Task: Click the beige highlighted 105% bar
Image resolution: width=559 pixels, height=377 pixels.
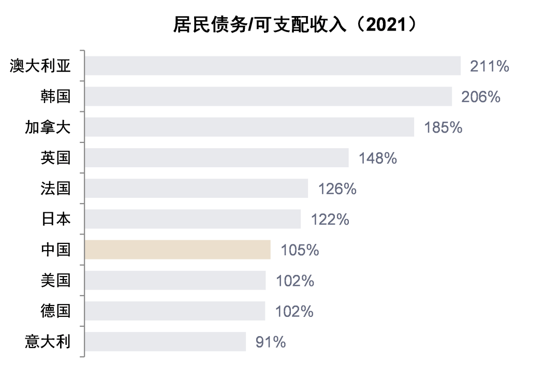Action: coord(178,250)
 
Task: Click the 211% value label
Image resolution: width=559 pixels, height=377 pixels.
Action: coord(489,66)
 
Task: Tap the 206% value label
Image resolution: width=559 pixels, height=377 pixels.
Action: coord(481,97)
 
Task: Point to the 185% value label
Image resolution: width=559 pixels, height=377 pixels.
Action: coord(443,127)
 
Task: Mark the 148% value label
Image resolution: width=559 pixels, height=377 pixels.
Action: coord(377,158)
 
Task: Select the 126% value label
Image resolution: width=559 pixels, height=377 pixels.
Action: coord(337,189)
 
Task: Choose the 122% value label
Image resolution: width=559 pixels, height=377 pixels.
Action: coord(330,220)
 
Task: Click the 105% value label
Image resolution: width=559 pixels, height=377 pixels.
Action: coord(300,251)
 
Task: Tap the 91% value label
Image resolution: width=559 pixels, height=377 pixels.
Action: coord(270,342)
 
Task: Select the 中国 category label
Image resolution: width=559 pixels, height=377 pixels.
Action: coord(55,250)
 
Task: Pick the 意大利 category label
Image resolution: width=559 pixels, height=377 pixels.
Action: coord(48,342)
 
